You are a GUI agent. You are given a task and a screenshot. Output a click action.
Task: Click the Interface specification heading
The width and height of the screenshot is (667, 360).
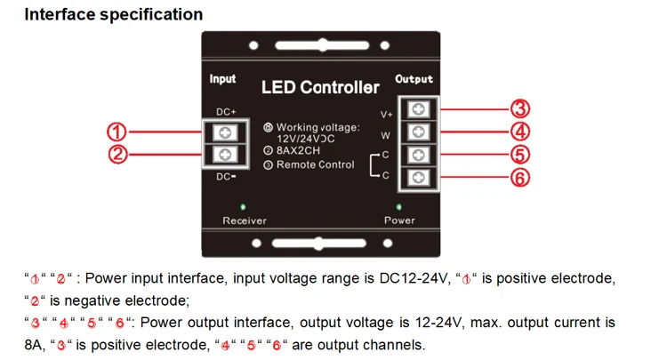click(113, 15)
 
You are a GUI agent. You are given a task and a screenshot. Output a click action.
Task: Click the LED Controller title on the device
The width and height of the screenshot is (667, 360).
click(320, 87)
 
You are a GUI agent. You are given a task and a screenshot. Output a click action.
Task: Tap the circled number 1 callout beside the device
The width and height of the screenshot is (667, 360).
click(116, 132)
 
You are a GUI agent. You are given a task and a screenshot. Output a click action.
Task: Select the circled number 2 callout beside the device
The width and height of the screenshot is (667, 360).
click(116, 155)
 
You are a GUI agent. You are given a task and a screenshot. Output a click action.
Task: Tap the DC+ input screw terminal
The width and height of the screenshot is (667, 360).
click(226, 132)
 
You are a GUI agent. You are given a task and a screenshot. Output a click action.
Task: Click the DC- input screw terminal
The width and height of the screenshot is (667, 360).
click(226, 155)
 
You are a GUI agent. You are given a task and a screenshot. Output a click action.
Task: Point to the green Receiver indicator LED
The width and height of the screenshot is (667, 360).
click(244, 205)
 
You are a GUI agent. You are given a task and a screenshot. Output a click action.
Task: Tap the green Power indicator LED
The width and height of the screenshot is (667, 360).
click(398, 205)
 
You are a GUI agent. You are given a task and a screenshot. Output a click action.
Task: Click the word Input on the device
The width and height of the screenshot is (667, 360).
click(222, 79)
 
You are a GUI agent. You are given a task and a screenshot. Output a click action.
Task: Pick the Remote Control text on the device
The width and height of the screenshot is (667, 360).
click(316, 165)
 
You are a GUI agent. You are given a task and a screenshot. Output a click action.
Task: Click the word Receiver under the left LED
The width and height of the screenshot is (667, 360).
click(244, 220)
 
